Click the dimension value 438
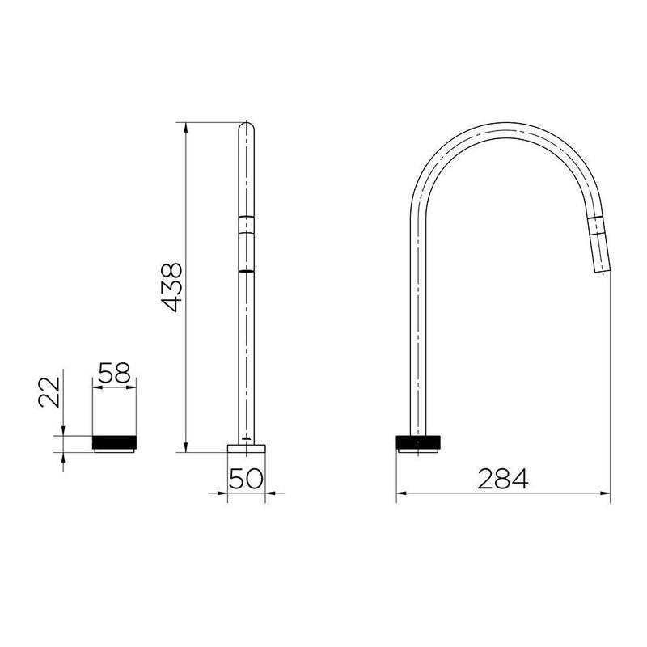171,287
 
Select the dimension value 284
502,479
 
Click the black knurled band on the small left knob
117,442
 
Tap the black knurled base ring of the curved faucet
419,442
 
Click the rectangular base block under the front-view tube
247,447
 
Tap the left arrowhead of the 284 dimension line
400,493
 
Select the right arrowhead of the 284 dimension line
606,493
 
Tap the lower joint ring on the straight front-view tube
247,270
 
